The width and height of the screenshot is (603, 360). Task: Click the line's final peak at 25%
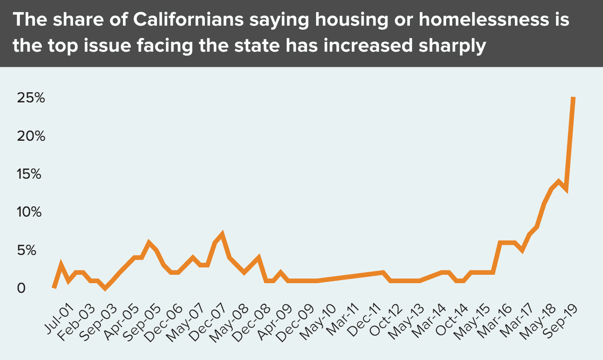tap(573, 98)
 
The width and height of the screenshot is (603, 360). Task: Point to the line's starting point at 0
tap(54, 287)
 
